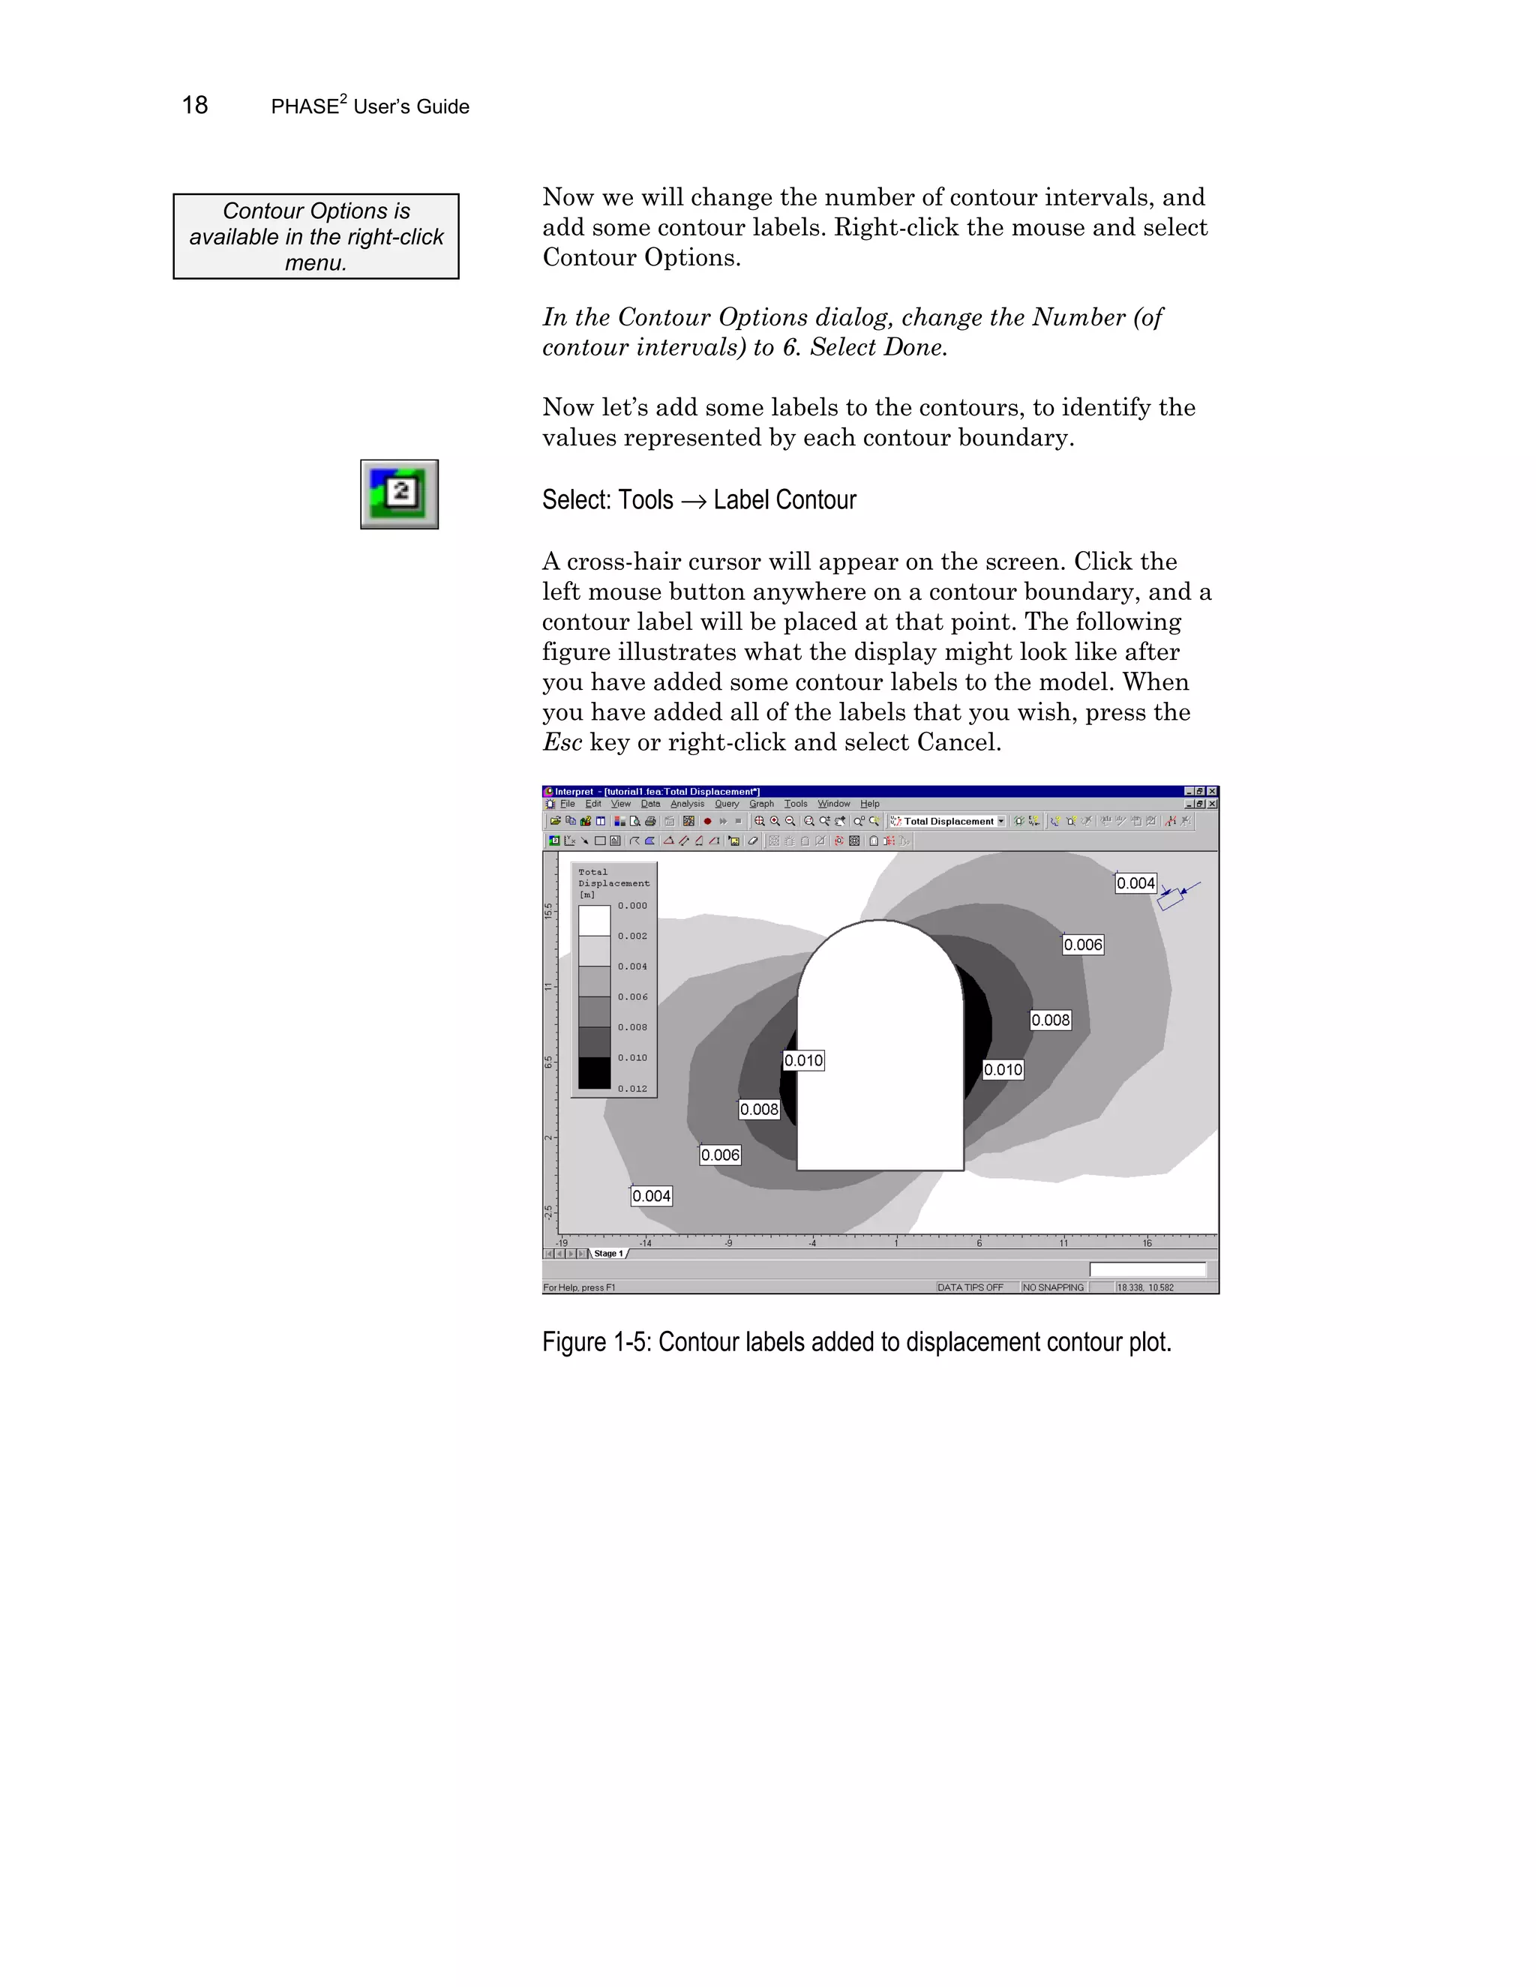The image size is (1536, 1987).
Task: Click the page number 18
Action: (x=195, y=106)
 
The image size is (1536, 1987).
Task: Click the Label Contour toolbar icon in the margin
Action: (x=400, y=494)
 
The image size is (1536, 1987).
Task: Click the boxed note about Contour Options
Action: (x=316, y=236)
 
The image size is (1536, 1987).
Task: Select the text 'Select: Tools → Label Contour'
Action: (x=698, y=500)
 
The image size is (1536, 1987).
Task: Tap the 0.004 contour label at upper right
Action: (x=1135, y=883)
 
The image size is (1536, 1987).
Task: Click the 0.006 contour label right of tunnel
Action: (x=1083, y=946)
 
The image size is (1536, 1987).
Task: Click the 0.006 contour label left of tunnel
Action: (x=720, y=1155)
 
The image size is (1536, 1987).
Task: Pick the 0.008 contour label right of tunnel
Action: (x=1050, y=1020)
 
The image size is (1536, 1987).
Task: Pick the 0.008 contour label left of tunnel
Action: (x=759, y=1110)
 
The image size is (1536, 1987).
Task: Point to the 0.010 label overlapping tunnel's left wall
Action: (x=803, y=1061)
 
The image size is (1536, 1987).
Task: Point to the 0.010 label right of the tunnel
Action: (x=1003, y=1070)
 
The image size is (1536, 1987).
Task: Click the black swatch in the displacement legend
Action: (x=594, y=1073)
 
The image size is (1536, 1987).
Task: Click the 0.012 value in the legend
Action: (x=632, y=1089)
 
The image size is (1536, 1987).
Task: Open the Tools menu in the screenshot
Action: (x=795, y=805)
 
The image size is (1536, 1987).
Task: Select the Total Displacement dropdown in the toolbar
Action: (x=949, y=822)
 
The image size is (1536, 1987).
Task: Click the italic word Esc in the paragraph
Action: (x=562, y=742)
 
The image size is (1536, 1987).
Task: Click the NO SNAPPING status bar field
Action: (x=1053, y=1287)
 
